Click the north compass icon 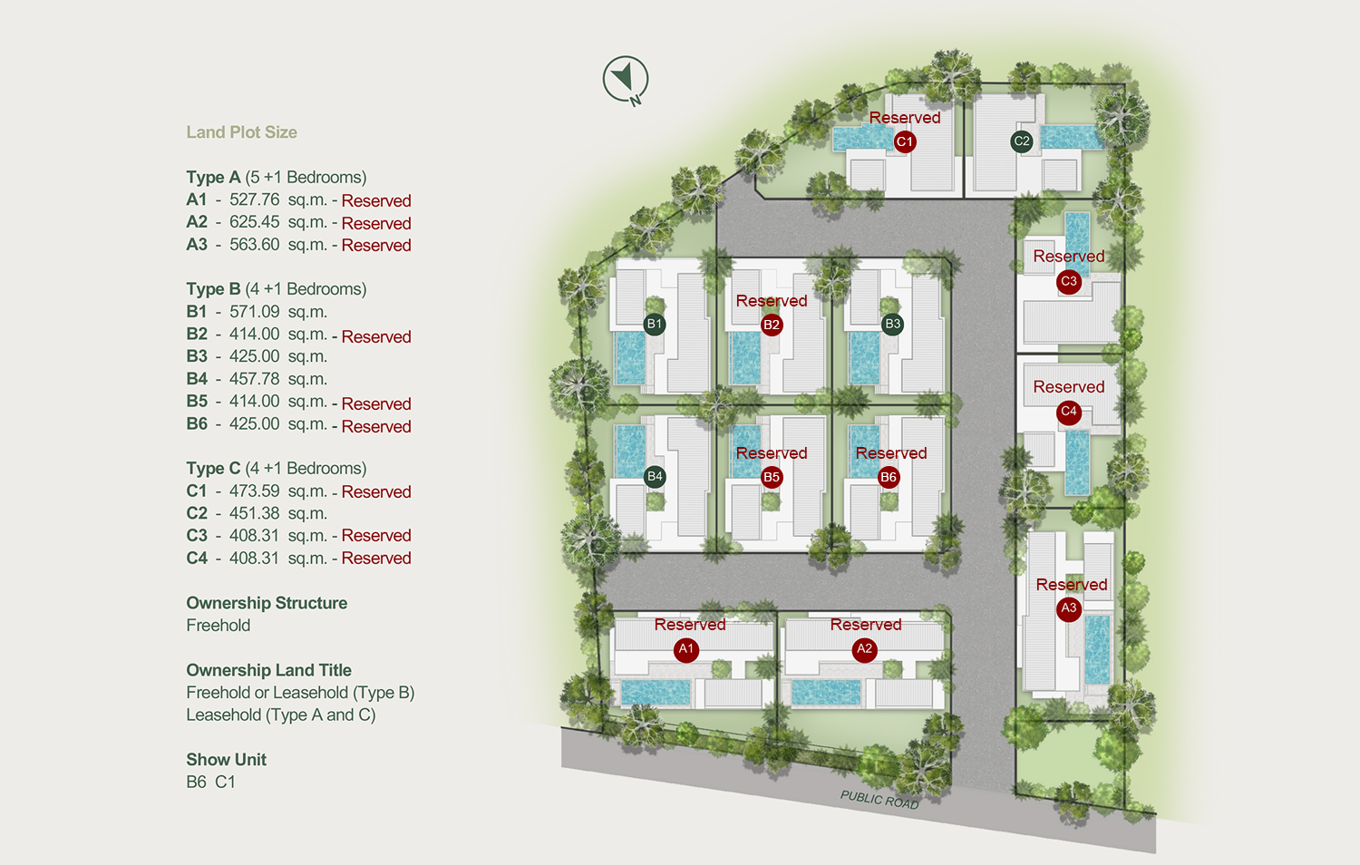pos(626,79)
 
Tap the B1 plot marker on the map pos(655,324)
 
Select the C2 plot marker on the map pos(1022,141)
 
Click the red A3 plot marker pos(1069,608)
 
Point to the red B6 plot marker pos(889,477)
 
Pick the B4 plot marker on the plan pos(655,477)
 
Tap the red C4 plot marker pos(1069,412)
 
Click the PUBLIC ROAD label pos(879,800)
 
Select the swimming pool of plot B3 pos(864,357)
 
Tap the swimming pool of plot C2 pos(1072,138)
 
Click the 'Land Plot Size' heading pos(241,132)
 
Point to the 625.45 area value pos(254,222)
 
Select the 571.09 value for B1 pos(254,312)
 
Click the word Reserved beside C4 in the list pos(376,559)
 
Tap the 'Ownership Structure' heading pos(267,603)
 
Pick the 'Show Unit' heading pos(226,760)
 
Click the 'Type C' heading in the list pos(213,469)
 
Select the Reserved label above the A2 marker pos(866,625)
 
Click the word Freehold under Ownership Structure pos(218,626)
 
